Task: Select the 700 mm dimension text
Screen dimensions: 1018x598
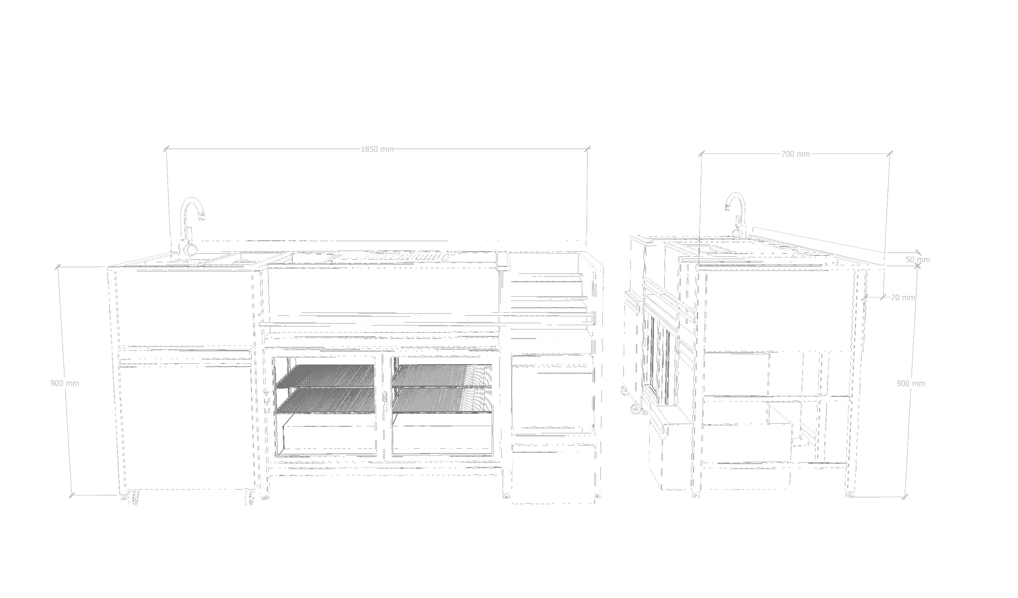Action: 795,154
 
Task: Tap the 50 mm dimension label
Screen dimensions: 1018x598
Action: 918,260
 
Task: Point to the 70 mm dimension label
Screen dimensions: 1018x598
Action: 903,298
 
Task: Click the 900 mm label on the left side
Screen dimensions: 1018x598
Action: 65,383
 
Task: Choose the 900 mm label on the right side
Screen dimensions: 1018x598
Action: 911,384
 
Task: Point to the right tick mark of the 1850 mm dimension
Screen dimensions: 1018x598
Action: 588,149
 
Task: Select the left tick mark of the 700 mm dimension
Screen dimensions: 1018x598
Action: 701,153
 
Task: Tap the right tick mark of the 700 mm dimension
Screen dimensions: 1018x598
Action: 890,154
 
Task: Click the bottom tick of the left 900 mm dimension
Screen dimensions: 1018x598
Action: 72,495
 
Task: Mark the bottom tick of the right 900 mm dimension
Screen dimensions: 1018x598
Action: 904,497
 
